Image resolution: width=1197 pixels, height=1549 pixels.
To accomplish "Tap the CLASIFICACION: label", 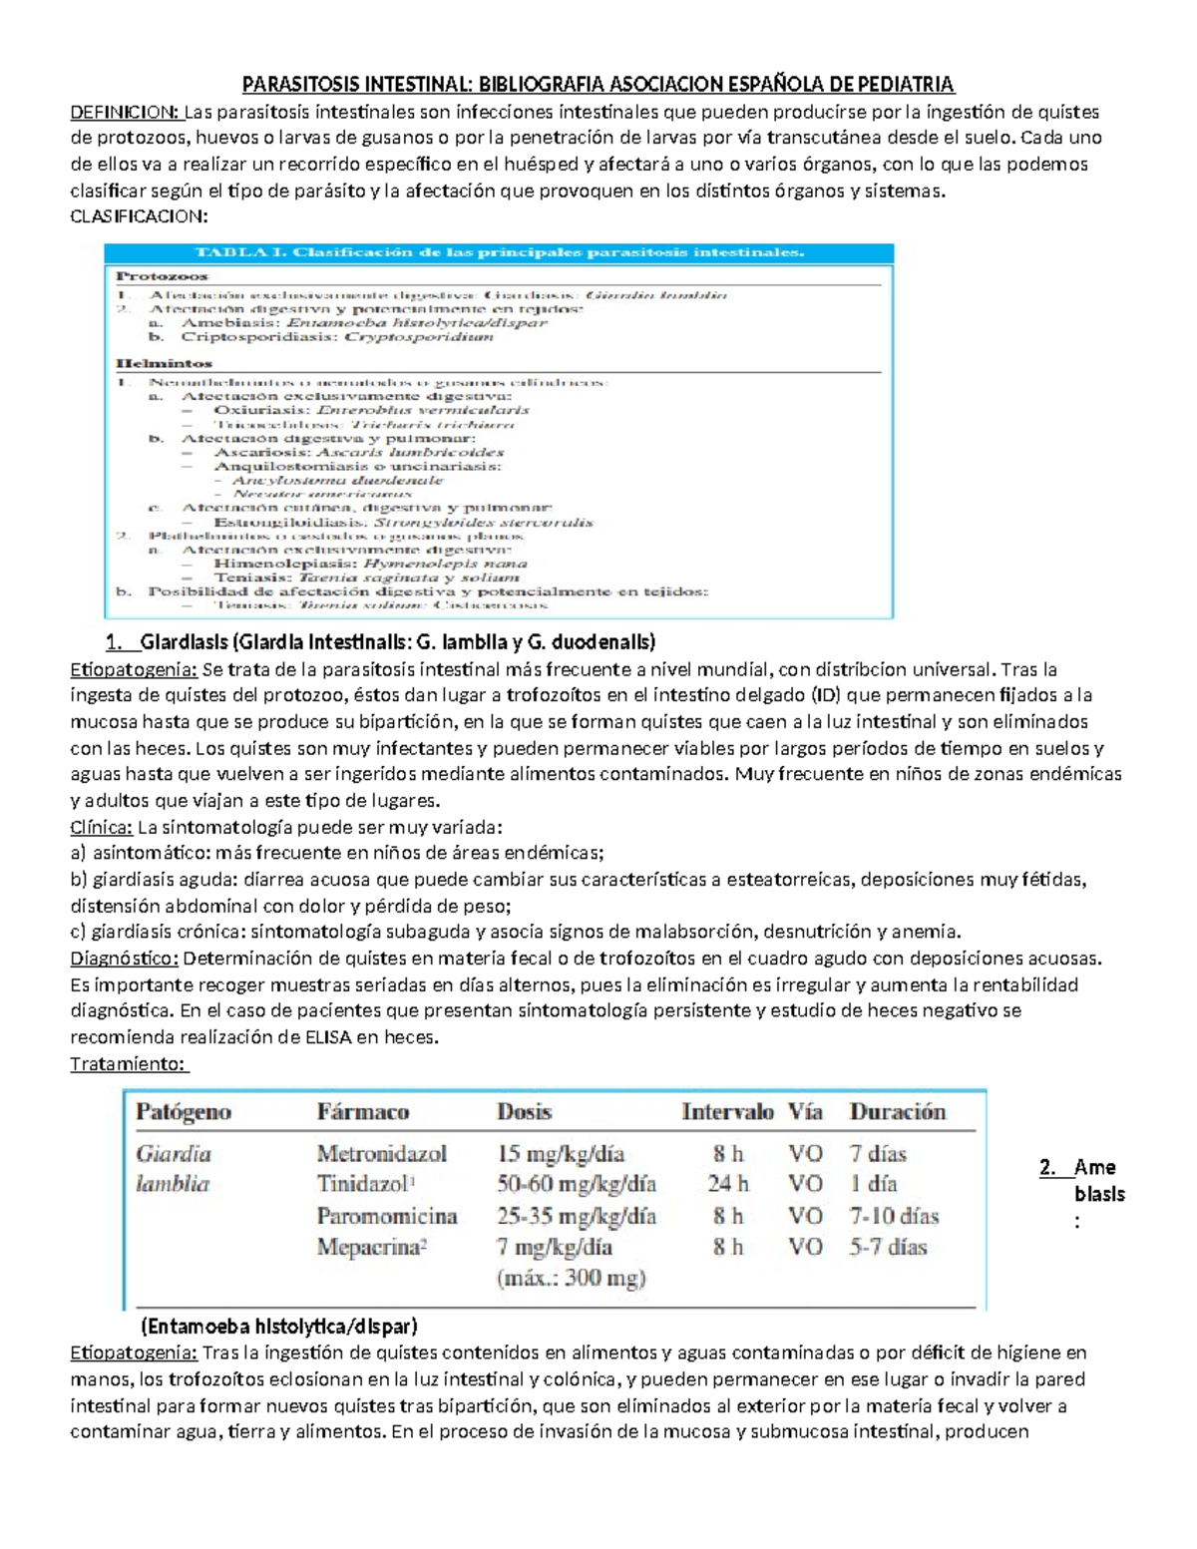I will point(139,216).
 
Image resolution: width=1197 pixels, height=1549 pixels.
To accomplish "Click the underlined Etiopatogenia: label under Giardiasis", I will point(134,669).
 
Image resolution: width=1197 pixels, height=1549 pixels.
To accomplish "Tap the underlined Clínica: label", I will point(101,827).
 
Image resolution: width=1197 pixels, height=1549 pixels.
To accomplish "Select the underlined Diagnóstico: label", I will point(124,959).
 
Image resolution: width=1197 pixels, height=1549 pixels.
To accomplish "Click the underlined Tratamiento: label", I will point(128,1064).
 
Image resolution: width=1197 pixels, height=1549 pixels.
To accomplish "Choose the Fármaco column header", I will point(363,1112).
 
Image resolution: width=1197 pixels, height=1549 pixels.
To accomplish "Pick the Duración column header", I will point(897,1112).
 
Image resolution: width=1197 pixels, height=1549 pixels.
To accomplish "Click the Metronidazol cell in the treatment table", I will point(382,1154).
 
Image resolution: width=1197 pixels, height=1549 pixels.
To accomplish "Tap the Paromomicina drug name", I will point(387,1216).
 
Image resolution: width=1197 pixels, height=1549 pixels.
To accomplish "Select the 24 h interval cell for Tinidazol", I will point(727,1184).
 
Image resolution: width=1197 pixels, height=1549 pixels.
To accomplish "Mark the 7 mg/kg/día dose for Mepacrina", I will point(555,1247).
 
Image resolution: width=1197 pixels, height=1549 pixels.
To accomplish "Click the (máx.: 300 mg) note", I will point(571,1278).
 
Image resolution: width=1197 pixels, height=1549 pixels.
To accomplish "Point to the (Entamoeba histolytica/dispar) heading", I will point(279,1327).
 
